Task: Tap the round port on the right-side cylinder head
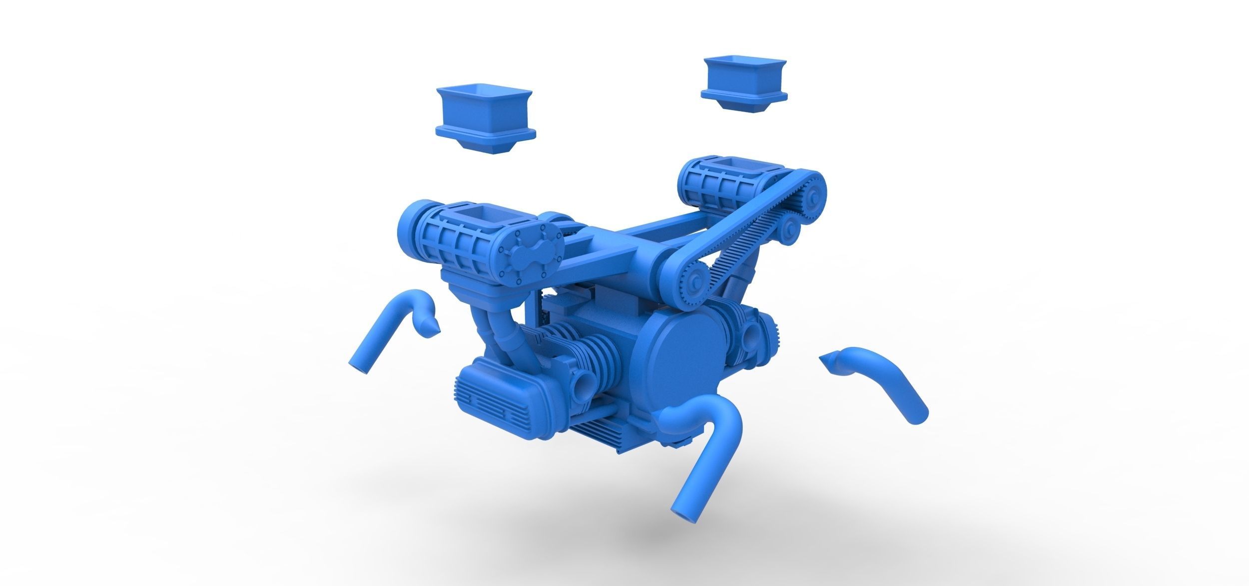[x=749, y=340]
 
